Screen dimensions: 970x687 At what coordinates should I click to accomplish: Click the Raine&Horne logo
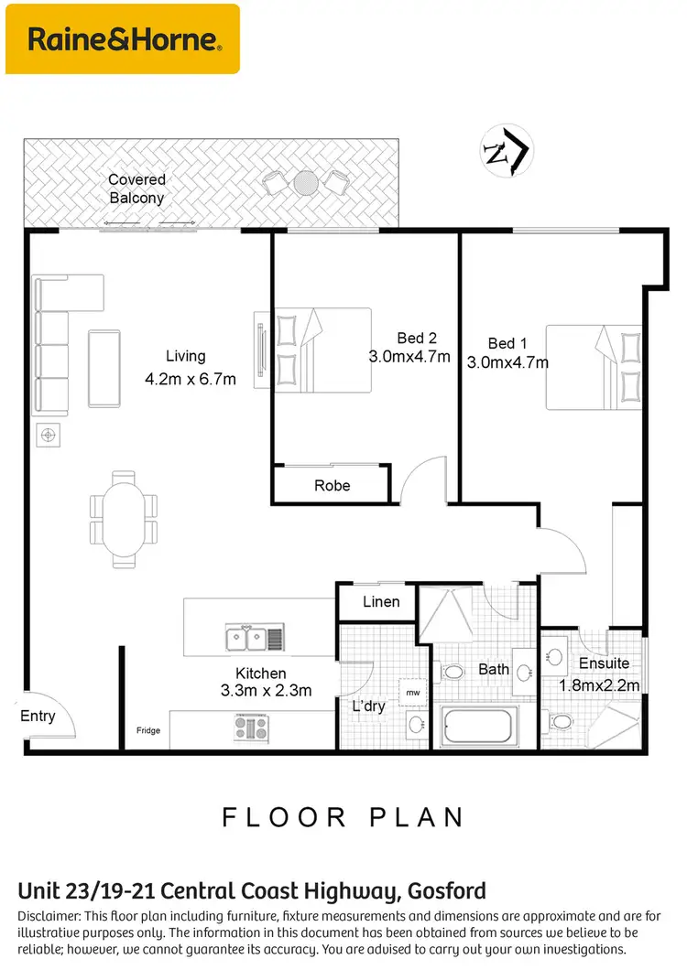(x=123, y=39)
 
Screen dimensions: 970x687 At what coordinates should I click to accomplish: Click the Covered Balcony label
(x=136, y=189)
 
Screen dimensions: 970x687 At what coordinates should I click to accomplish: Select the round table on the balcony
(x=306, y=184)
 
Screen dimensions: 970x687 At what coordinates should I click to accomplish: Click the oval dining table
(x=124, y=515)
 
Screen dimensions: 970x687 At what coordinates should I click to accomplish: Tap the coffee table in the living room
(x=104, y=368)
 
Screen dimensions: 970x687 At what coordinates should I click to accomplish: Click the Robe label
(x=332, y=485)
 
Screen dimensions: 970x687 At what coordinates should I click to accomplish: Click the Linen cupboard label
(x=380, y=601)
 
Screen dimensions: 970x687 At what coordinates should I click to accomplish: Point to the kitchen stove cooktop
(x=251, y=727)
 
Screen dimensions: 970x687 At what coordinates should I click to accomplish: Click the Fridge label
(x=147, y=729)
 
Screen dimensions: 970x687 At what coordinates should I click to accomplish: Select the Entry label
(x=38, y=717)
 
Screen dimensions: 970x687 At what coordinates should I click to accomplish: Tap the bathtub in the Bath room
(x=479, y=727)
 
